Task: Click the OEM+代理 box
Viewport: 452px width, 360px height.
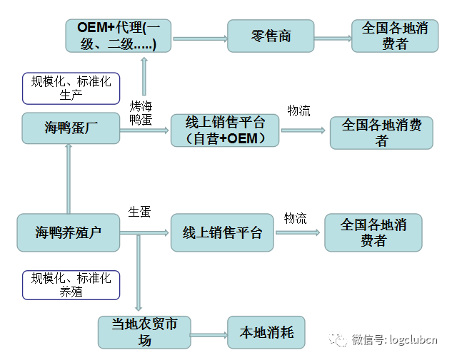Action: click(x=119, y=36)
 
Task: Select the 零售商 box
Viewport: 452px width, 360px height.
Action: click(x=271, y=36)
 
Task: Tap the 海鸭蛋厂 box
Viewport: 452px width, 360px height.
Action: click(x=70, y=129)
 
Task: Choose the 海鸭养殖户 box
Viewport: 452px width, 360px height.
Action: click(x=69, y=232)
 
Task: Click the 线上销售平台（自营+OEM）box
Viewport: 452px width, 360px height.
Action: click(x=224, y=130)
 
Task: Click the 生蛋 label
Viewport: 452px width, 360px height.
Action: click(x=139, y=212)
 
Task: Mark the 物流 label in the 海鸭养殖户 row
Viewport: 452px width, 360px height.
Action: click(x=295, y=217)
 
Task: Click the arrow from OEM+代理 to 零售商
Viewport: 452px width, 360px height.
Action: click(x=199, y=37)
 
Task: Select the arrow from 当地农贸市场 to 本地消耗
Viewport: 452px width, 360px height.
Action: click(x=209, y=334)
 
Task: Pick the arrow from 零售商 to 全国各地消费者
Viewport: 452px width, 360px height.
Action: click(x=332, y=37)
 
